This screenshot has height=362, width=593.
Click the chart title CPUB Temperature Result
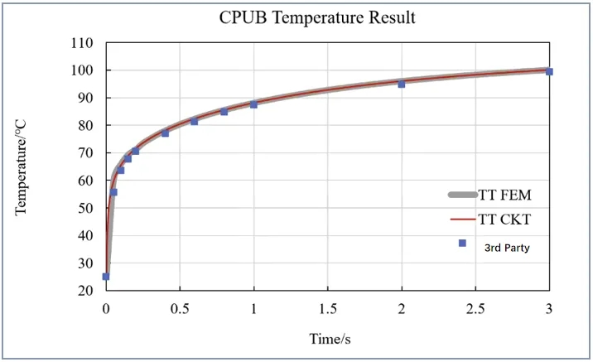[x=317, y=17]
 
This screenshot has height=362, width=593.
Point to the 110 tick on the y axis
[x=81, y=43]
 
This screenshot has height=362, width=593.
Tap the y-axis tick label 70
[x=84, y=153]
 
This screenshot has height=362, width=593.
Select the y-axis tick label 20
[x=84, y=291]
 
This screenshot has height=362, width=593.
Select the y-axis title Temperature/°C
[x=22, y=167]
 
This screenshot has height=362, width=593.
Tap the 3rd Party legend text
[x=507, y=246]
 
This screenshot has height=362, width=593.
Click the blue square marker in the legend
[x=462, y=244]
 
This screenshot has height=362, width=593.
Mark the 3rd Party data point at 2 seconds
[x=401, y=84]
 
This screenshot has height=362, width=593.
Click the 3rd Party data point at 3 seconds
[x=549, y=71]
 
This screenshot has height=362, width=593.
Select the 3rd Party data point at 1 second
[x=253, y=104]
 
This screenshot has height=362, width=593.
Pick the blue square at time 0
[x=106, y=277]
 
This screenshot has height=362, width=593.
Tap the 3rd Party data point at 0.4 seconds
[x=165, y=133]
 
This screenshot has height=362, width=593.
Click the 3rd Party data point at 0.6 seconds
[x=195, y=121]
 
